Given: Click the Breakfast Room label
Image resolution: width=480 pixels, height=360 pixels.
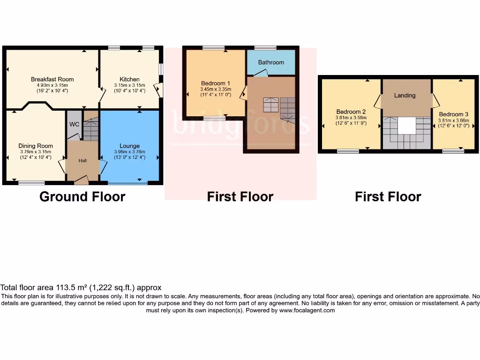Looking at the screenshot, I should click(52, 79).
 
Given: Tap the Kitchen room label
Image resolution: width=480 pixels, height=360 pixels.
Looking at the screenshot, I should click(129, 79).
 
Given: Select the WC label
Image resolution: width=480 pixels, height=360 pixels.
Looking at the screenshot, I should click(74, 124).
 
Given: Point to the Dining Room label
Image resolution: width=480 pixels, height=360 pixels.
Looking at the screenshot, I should click(36, 146).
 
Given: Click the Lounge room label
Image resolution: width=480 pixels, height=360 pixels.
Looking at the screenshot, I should click(129, 146).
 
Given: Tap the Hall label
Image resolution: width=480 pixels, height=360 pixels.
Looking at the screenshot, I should click(82, 161).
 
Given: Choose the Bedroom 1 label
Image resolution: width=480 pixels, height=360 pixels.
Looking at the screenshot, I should click(213, 83).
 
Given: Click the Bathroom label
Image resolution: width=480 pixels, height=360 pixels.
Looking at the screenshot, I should click(271, 62).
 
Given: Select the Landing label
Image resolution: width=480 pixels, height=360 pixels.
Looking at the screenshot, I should click(405, 95).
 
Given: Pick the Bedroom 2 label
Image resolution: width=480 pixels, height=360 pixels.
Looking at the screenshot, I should click(351, 112).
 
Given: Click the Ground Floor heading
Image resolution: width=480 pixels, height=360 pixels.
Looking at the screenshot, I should click(82, 196).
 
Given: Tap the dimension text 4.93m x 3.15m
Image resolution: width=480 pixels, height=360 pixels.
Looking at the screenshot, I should click(52, 85).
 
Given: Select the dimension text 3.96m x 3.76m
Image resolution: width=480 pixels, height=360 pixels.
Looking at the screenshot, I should click(129, 151).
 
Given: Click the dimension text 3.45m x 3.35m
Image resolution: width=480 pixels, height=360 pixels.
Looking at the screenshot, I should click(213, 89).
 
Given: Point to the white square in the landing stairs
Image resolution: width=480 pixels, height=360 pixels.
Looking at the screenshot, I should click(406, 126).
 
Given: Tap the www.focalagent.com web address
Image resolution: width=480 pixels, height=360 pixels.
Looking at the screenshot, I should click(307, 310).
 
